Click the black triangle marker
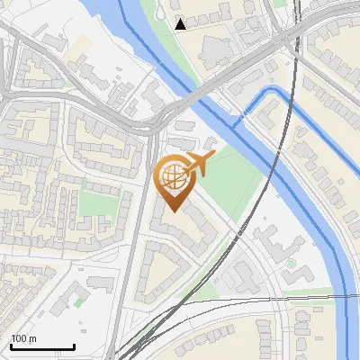pyautogui.click(x=181, y=24)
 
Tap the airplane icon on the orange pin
pyautogui.click(x=199, y=165)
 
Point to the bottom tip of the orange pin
pyautogui.click(x=173, y=211)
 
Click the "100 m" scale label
pyautogui.click(x=23, y=338)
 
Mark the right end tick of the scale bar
pyautogui.click(x=74, y=346)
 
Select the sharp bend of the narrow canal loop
pyautogui.click(x=263, y=91)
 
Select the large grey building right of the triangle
pyautogui.click(x=216, y=49)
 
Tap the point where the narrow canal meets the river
pyautogui.click(x=237, y=118)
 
